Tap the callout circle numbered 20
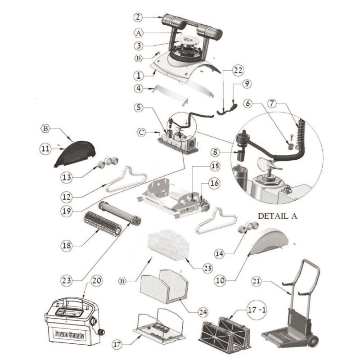[96, 279]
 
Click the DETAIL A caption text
[277, 216]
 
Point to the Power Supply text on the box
[69, 334]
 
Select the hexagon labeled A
[139, 32]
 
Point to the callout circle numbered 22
[238, 70]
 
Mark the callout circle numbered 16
[214, 183]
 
